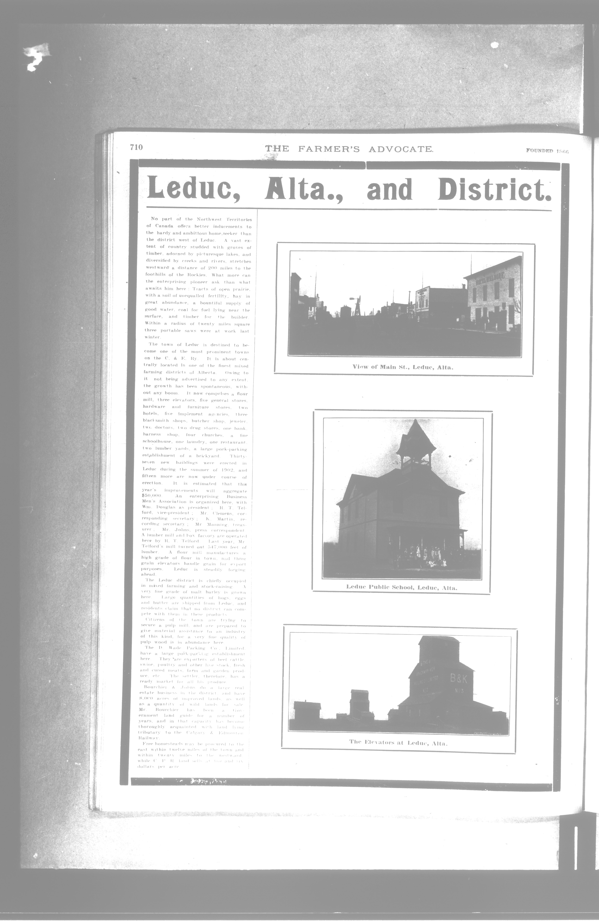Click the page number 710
click(x=136, y=147)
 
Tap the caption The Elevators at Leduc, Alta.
click(x=398, y=743)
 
